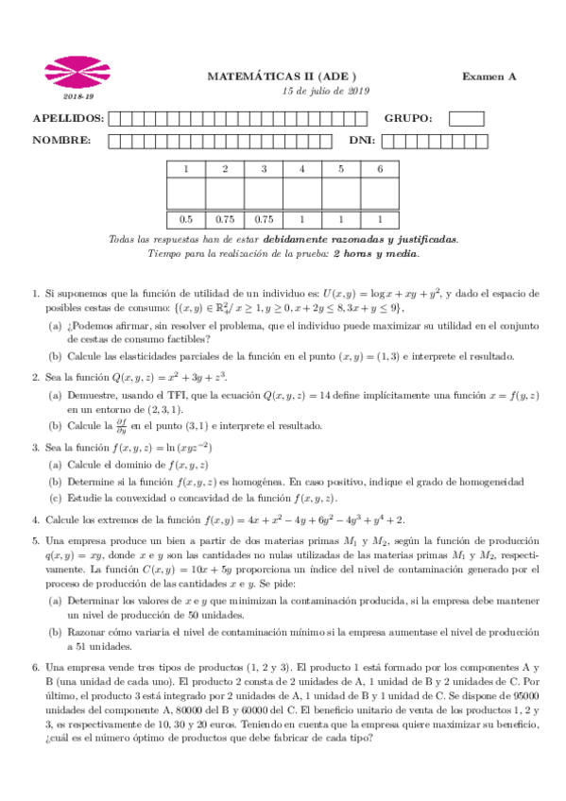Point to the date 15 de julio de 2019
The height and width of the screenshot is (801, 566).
coord(326,92)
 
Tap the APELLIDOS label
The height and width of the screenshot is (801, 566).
coord(68,119)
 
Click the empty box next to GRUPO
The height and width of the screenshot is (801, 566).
coord(467,119)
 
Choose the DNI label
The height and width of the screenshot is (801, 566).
coord(362,141)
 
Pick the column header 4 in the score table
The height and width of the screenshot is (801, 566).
coord(302,169)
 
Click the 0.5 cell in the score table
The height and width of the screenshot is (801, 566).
coord(186,218)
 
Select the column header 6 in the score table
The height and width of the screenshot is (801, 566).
coord(380,169)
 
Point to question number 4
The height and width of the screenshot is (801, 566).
coord(35,520)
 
